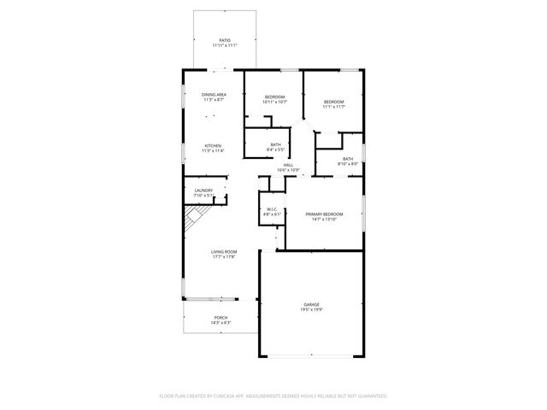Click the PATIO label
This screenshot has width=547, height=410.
click(x=225, y=40)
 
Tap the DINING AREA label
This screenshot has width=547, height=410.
click(x=214, y=94)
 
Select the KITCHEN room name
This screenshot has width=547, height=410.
click(x=213, y=145)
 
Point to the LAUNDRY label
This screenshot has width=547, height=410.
click(x=203, y=190)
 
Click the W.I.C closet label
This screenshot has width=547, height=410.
click(x=272, y=208)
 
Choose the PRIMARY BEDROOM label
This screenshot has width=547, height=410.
click(x=326, y=214)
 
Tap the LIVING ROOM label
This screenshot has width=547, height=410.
click(x=224, y=251)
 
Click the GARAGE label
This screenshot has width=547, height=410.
click(x=311, y=304)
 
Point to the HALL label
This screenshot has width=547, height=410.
click(x=288, y=165)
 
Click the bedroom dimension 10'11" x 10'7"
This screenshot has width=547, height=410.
click(x=274, y=102)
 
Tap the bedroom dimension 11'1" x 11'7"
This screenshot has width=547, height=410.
click(x=333, y=107)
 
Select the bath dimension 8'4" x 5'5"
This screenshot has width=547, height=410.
click(x=275, y=149)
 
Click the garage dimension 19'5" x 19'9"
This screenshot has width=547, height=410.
click(x=311, y=309)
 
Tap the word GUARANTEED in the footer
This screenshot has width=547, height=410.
click(x=368, y=396)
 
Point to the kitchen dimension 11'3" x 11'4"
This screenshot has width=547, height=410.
click(x=213, y=150)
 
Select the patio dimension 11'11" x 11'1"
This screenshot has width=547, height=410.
click(x=225, y=45)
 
